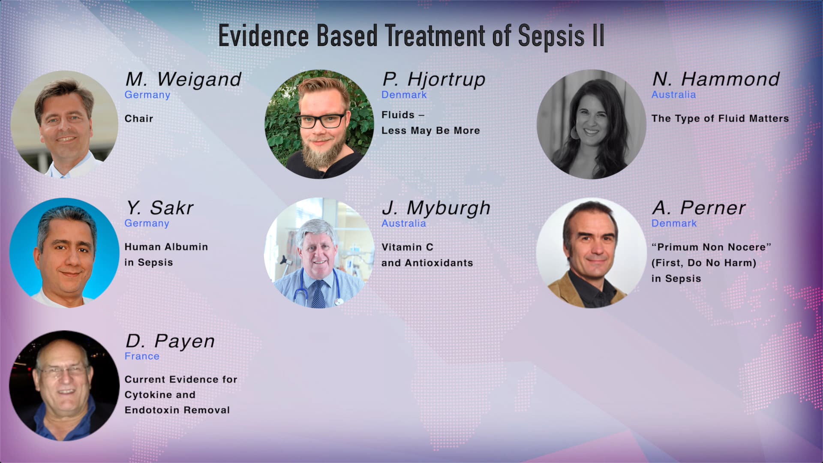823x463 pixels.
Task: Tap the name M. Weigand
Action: [x=183, y=79]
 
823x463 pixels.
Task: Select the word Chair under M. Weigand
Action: [x=138, y=119]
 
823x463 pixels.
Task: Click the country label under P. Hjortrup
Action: [x=404, y=95]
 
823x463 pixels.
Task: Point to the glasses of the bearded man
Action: [x=322, y=120]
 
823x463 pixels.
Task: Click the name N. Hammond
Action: [x=715, y=79]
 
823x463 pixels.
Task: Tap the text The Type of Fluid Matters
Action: [x=720, y=119]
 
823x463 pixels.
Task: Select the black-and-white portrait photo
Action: [x=591, y=124]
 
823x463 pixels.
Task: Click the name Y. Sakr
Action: [x=159, y=208]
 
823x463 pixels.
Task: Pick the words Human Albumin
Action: [x=166, y=247]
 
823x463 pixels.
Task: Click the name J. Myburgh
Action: [x=436, y=208]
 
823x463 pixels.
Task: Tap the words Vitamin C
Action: [x=407, y=247]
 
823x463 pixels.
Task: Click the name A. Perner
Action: [x=698, y=208]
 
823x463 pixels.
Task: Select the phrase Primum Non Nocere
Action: [x=711, y=247]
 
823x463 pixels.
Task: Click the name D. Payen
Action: [x=170, y=341]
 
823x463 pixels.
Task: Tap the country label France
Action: [x=142, y=356]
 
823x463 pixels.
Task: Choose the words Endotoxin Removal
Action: [x=177, y=410]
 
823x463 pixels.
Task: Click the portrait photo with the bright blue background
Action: [x=64, y=253]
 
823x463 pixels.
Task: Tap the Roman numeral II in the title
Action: [x=598, y=36]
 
